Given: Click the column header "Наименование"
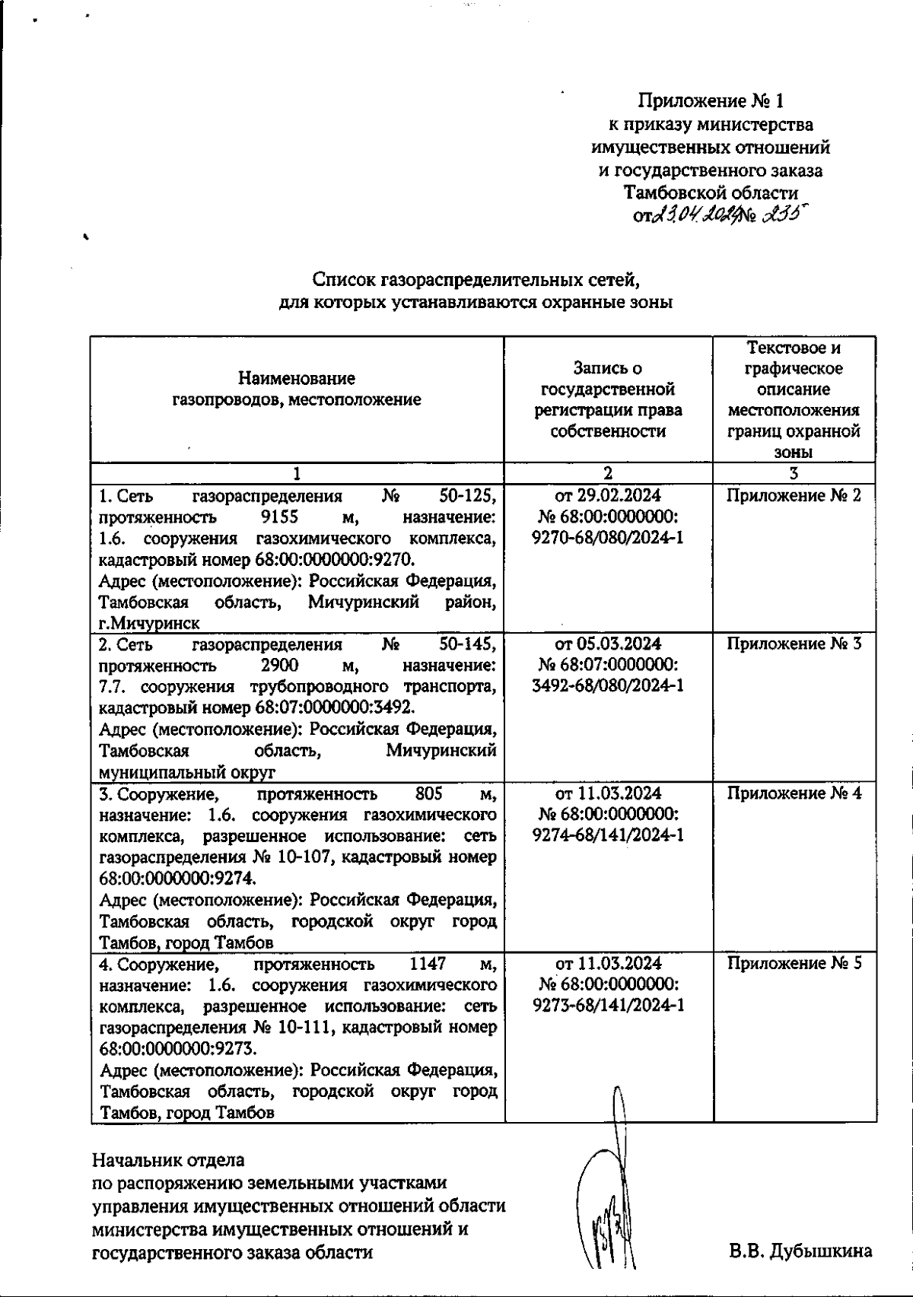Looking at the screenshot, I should point(297,378).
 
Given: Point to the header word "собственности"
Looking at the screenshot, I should point(608,431).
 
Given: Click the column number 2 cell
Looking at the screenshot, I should point(608,473).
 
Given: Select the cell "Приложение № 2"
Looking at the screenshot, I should point(794,496).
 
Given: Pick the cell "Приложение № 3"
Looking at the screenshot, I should point(794,644).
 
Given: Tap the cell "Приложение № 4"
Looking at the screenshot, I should point(794,793).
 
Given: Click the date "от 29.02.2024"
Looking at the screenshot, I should point(608,496).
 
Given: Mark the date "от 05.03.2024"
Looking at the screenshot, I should point(608,644).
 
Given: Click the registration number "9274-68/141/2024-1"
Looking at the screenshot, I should point(608,835).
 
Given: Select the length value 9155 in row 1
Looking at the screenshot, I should point(278,517).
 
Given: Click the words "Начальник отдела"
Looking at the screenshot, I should point(168,1161).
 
